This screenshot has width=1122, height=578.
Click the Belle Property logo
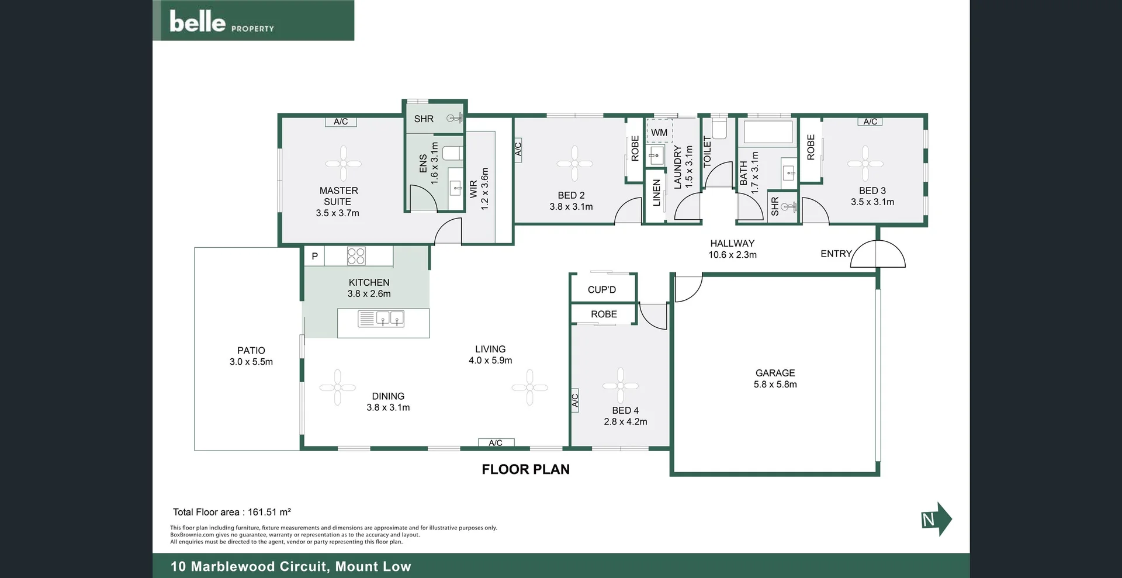click(221, 22)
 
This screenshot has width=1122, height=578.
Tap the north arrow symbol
click(936, 519)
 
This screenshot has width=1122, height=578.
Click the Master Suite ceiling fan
click(343, 163)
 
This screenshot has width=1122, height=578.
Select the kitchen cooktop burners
click(356, 256)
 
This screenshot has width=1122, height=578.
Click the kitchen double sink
click(389, 319)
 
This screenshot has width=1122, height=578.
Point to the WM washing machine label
click(659, 133)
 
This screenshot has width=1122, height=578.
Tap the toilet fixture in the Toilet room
click(719, 129)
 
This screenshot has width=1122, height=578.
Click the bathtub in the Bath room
click(767, 132)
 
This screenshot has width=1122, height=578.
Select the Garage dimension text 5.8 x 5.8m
click(775, 385)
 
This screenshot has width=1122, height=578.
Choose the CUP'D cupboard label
click(602, 290)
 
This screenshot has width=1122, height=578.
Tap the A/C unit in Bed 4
click(574, 400)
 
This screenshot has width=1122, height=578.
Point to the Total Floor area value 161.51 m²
click(269, 512)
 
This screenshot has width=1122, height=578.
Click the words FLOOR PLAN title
click(525, 469)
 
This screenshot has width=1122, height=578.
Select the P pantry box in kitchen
click(314, 256)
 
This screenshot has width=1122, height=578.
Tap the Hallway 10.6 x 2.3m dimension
click(732, 255)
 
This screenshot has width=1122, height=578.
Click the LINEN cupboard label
click(656, 193)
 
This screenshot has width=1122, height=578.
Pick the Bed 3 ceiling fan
click(865, 163)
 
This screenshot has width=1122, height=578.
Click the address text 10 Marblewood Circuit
click(250, 566)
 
